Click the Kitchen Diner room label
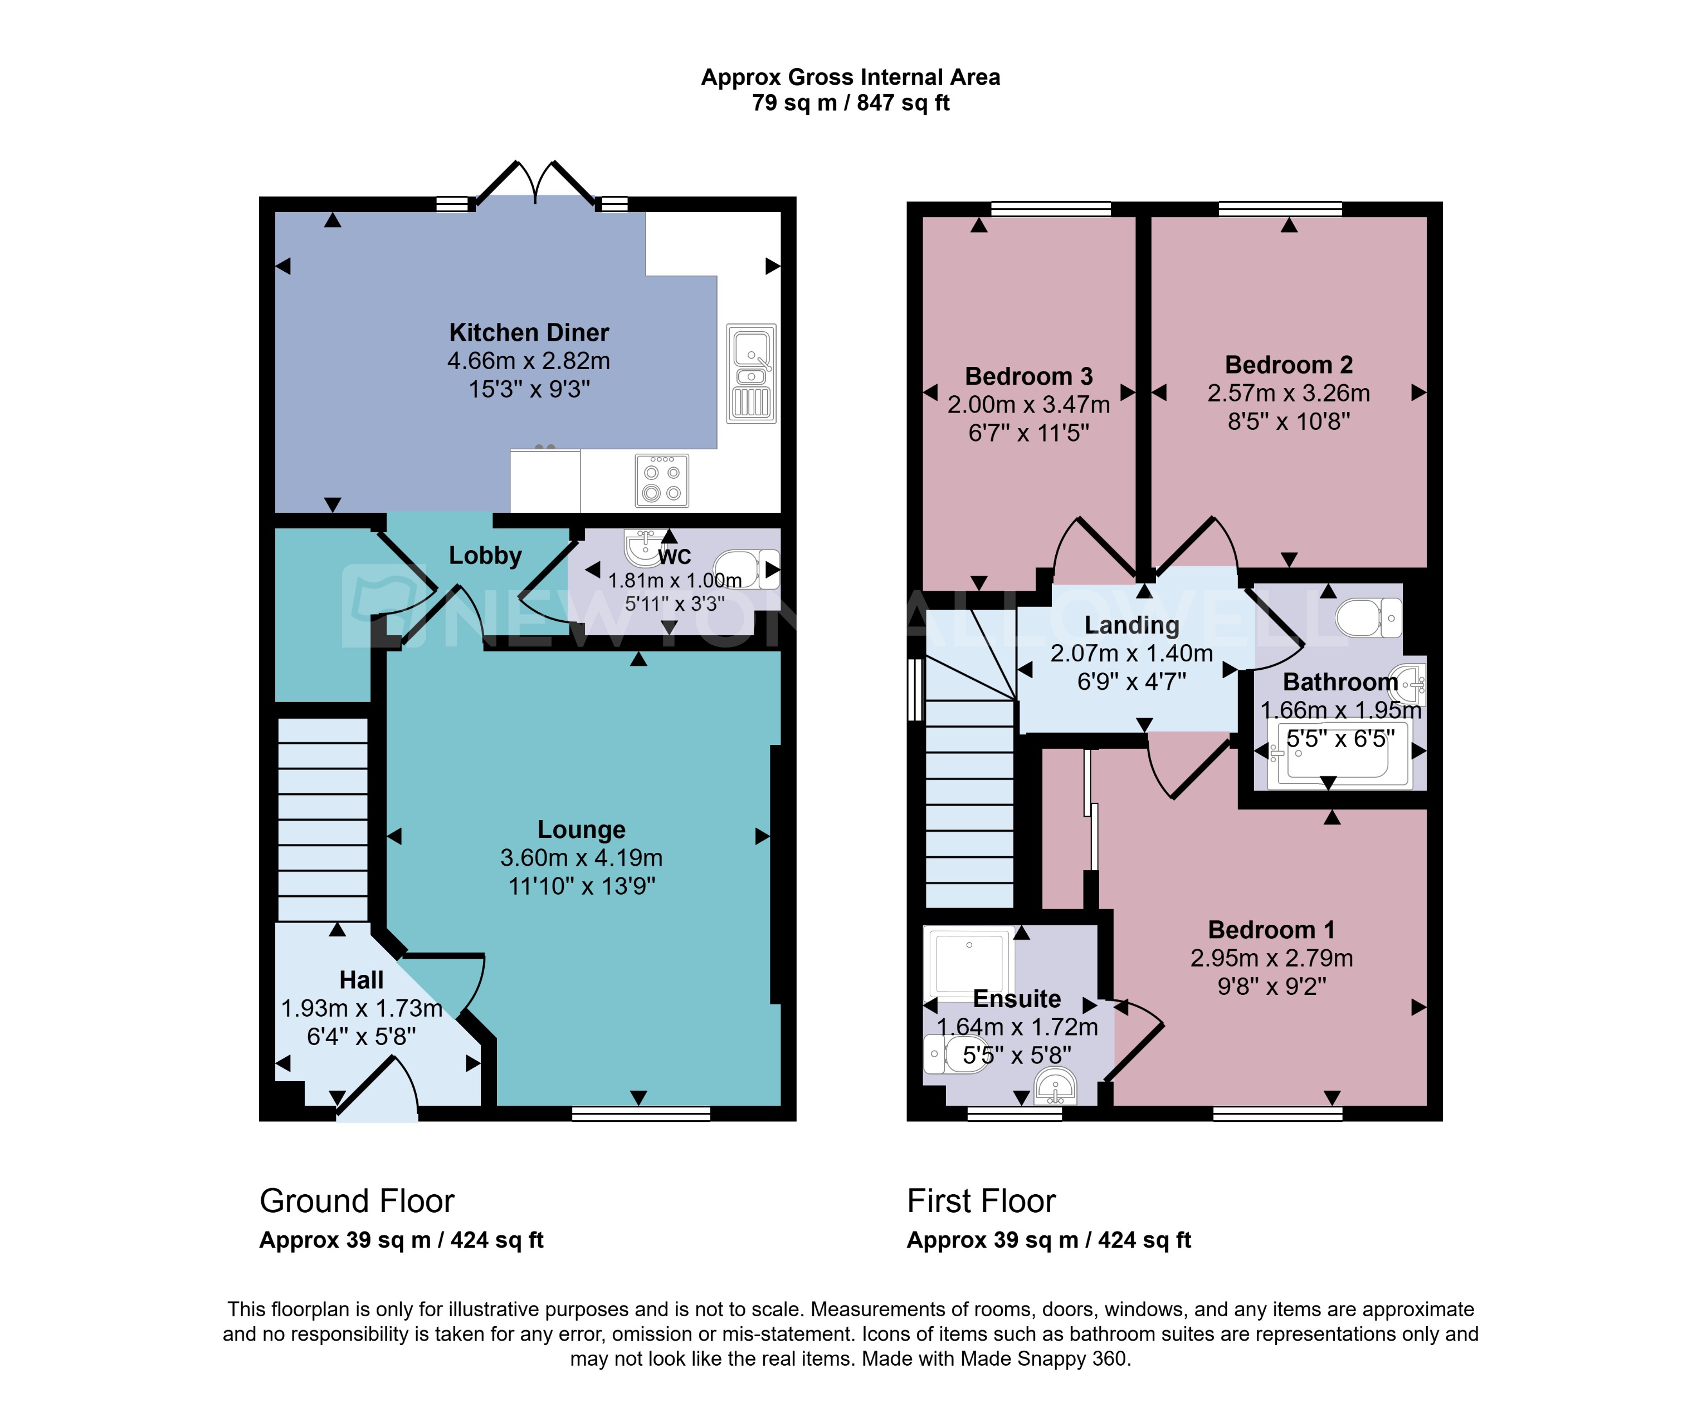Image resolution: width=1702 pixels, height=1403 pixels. pos(529,332)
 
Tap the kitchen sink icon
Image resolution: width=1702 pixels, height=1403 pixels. pos(751,374)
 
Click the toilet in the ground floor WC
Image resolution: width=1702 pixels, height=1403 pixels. pos(745,569)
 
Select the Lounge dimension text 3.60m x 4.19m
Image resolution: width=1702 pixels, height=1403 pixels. pos(581,857)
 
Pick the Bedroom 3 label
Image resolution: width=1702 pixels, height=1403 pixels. pos(1028,376)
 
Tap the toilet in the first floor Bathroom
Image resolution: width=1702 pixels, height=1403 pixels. pos(1368,618)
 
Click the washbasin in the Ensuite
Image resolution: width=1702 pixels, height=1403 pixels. pos(1056,1086)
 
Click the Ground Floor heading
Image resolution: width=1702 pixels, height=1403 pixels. pos(357,1201)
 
